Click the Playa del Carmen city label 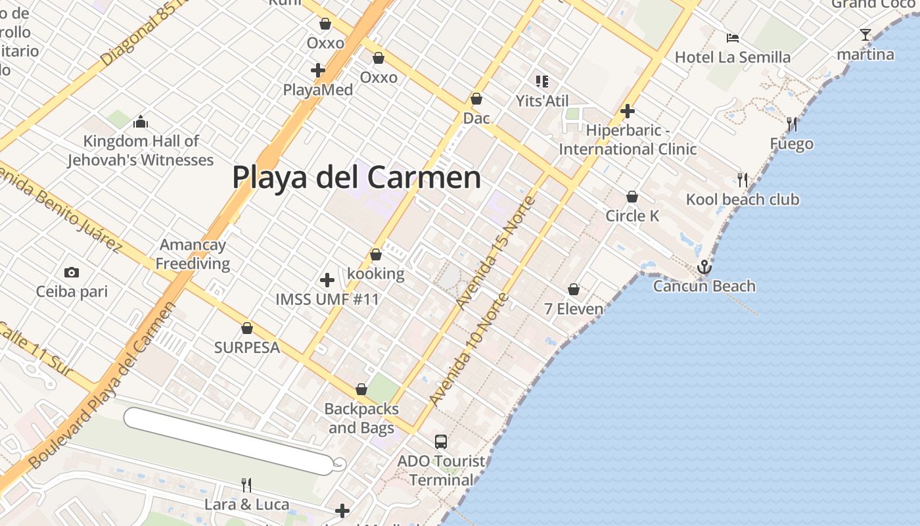(356, 178)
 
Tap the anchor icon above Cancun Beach (704, 267)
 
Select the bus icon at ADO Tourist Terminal (441, 442)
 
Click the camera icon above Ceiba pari (71, 272)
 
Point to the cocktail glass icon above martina (865, 35)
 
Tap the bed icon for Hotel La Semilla (732, 38)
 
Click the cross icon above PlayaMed (318, 70)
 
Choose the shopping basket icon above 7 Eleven (574, 289)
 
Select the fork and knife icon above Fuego (792, 124)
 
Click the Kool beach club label (743, 199)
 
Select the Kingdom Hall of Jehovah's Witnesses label (141, 151)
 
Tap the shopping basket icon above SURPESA (247, 328)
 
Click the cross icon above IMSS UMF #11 (327, 281)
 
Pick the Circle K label (632, 216)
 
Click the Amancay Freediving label (193, 254)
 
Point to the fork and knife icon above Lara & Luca (246, 485)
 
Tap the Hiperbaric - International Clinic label (628, 139)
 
